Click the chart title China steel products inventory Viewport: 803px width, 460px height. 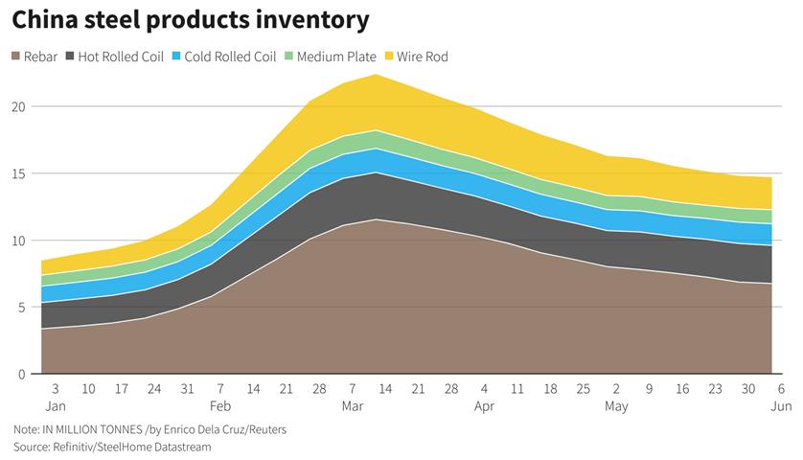(191, 19)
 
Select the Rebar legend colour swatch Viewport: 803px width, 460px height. (17, 57)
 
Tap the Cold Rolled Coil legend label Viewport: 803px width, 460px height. (230, 57)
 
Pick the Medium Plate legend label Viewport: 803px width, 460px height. (337, 57)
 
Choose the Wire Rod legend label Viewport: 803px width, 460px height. (422, 57)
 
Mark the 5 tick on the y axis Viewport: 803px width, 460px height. (22, 308)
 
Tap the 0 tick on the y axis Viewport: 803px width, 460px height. (22, 375)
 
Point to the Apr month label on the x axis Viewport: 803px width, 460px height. (483, 406)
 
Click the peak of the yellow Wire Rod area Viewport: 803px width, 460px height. (376, 75)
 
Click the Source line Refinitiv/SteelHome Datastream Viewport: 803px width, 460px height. (111, 448)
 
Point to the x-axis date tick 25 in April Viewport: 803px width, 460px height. (583, 389)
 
